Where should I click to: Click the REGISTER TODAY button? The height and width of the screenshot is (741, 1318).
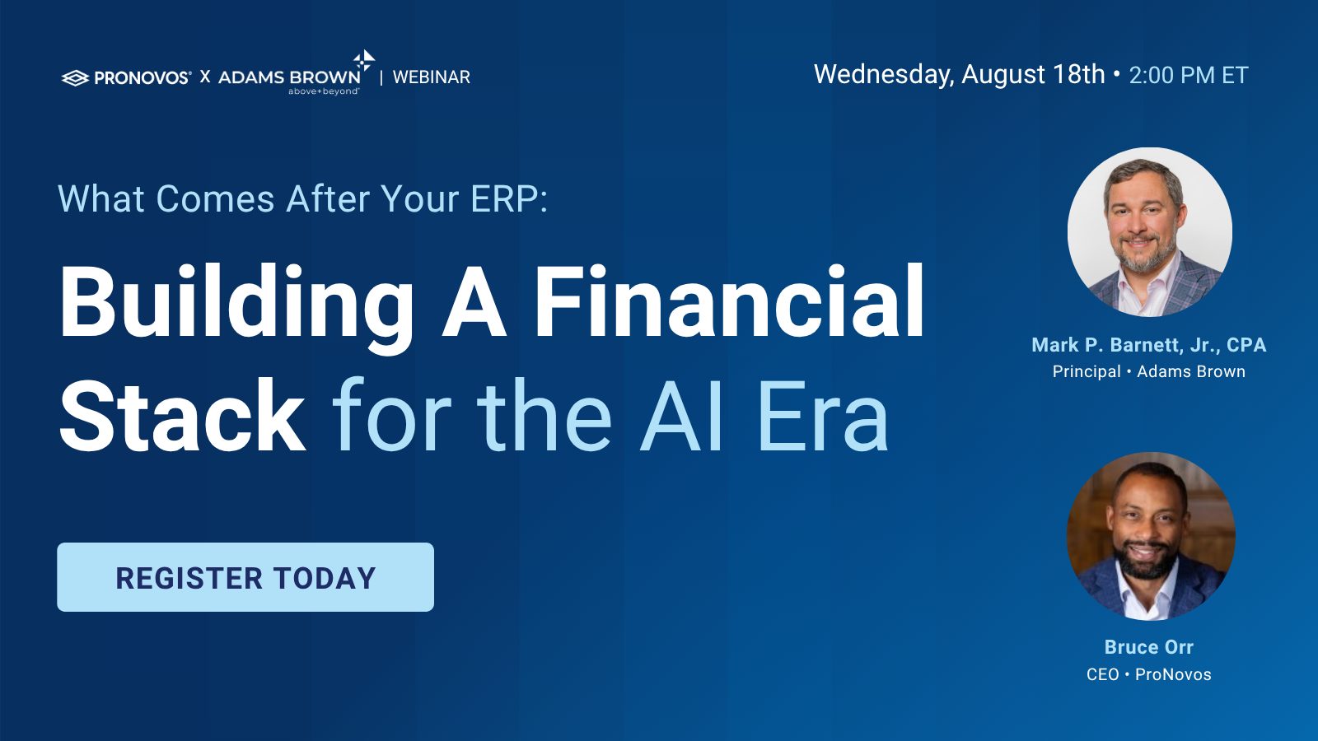tap(245, 577)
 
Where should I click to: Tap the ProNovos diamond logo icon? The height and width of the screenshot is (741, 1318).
tap(75, 77)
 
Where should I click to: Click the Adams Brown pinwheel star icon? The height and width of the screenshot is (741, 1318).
tap(363, 61)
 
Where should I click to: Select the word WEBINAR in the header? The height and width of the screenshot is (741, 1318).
tap(432, 77)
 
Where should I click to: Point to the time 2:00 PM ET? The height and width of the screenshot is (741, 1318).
tap(1189, 75)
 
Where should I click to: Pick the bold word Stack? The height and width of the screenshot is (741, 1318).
tap(182, 416)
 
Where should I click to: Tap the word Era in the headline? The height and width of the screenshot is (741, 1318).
tap(823, 416)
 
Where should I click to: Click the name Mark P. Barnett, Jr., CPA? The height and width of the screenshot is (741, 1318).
tap(1148, 345)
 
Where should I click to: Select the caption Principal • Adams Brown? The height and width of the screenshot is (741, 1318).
tap(1148, 371)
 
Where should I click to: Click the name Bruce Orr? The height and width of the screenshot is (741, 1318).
tap(1148, 647)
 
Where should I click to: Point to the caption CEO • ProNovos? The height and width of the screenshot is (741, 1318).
tap(1148, 674)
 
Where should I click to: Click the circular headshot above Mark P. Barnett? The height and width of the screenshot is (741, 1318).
tap(1150, 231)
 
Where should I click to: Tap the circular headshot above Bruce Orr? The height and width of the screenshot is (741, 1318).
tap(1151, 536)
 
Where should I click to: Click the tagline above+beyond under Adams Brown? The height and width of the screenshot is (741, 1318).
tap(323, 91)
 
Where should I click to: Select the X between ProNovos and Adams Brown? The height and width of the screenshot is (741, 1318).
tap(205, 77)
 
